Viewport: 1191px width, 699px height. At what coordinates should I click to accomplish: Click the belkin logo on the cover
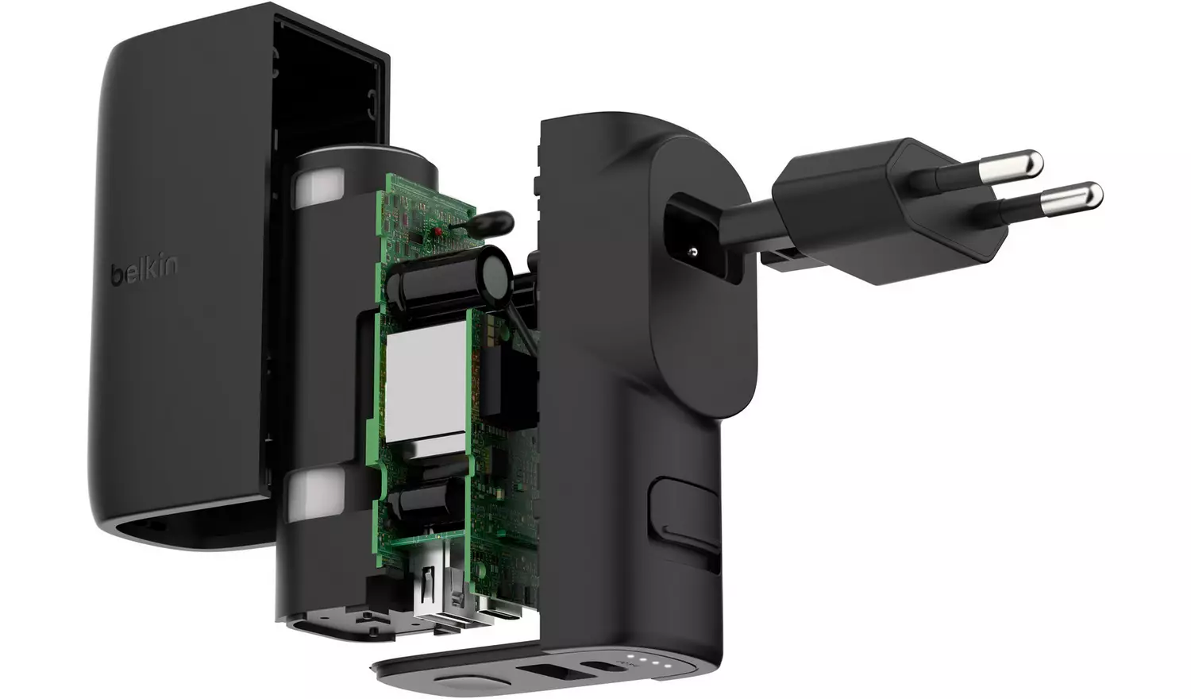point(144,271)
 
